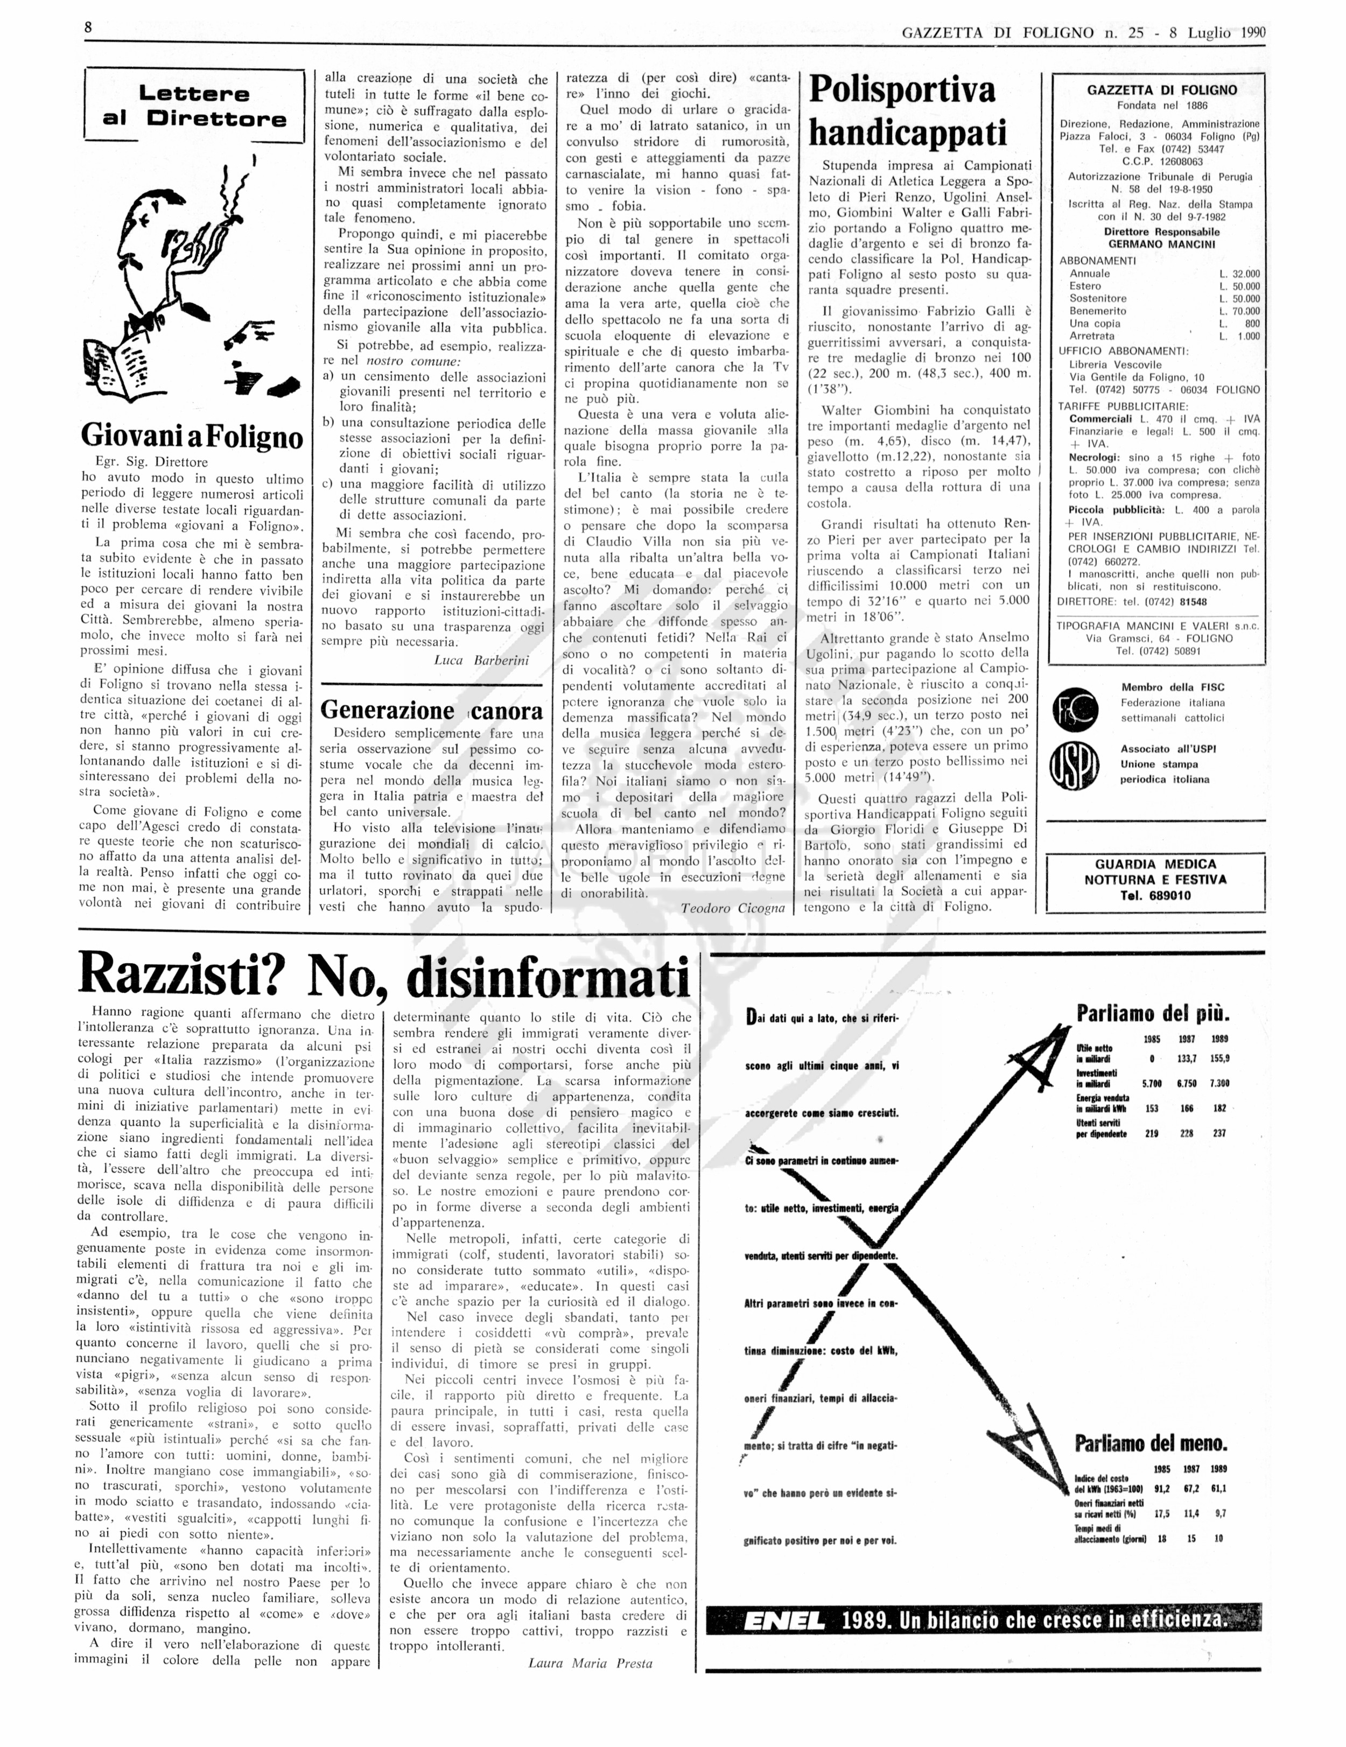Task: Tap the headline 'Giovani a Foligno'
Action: (x=192, y=437)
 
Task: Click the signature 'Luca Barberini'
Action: (x=481, y=660)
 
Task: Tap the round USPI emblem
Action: (x=1076, y=764)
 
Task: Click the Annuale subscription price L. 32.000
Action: (x=1239, y=273)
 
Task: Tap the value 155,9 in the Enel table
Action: (x=1219, y=1057)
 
